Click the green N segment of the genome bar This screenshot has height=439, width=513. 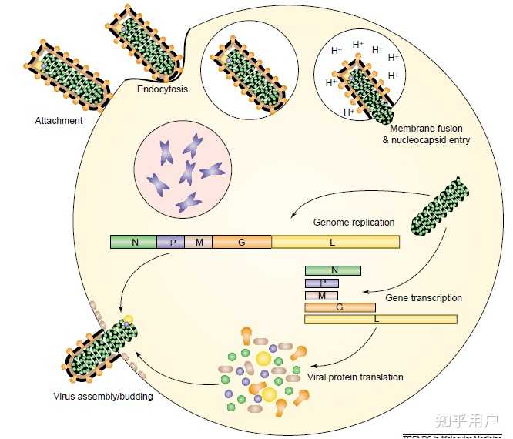134,242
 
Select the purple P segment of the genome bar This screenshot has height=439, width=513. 171,242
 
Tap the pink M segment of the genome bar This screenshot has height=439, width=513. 198,242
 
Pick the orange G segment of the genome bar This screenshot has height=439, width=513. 241,242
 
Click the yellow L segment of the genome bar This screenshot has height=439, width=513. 335,242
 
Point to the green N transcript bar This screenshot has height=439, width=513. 333,270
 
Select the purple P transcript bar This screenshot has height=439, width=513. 321,283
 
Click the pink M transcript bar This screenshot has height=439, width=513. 321,295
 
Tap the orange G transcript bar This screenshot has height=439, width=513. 340,307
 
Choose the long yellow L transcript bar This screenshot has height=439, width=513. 381,319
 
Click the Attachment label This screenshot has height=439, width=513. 59,121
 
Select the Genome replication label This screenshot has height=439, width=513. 354,223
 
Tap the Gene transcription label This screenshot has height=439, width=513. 424,297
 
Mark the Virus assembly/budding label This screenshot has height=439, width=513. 102,397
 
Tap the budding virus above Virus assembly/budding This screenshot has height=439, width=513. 100,347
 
